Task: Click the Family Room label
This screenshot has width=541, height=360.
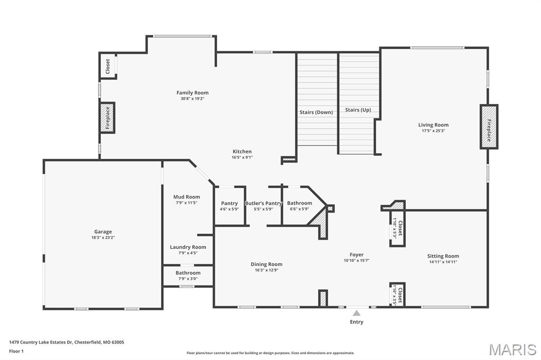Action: click(x=192, y=93)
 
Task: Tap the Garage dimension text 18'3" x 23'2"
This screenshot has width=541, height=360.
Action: click(x=103, y=238)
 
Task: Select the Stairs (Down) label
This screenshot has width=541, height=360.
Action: click(x=316, y=112)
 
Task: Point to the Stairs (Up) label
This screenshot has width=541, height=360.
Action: click(x=358, y=110)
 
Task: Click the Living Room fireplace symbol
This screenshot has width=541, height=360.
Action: click(x=489, y=127)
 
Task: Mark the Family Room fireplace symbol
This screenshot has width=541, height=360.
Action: click(x=107, y=118)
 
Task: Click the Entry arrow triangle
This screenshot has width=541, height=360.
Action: click(x=357, y=313)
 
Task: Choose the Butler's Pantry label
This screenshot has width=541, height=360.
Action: click(x=264, y=203)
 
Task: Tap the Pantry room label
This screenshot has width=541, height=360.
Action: click(x=229, y=203)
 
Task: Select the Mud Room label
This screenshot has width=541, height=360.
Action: click(x=187, y=197)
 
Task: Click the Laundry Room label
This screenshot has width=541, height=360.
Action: click(x=188, y=247)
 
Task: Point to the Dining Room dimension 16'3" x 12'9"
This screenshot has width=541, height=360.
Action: click(x=266, y=270)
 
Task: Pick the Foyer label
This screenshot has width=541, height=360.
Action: click(x=357, y=254)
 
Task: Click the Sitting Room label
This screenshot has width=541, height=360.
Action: click(x=443, y=256)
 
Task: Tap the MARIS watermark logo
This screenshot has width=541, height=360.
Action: click(x=512, y=349)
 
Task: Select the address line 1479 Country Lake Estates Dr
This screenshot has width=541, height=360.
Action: click(x=67, y=342)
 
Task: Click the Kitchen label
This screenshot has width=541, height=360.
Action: click(x=242, y=151)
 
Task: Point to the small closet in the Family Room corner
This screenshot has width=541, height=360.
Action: click(x=108, y=66)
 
